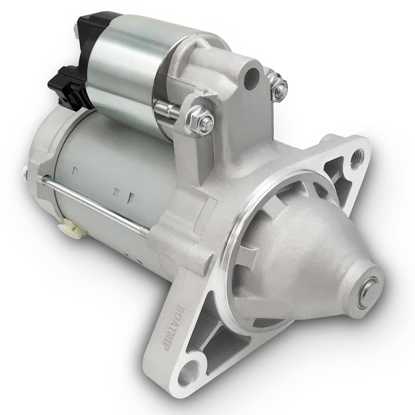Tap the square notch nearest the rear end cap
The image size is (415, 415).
[x=76, y=169]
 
